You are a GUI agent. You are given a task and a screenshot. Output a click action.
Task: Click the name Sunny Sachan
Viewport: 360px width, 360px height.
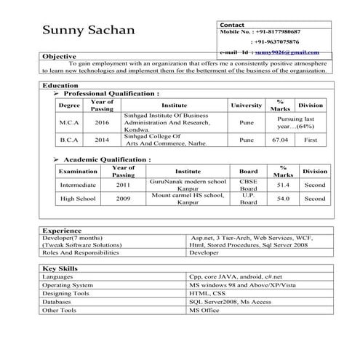[88, 31]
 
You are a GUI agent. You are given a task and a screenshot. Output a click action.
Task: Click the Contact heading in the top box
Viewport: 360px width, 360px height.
[231, 24]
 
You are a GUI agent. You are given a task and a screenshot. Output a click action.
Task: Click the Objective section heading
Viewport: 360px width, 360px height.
[59, 56]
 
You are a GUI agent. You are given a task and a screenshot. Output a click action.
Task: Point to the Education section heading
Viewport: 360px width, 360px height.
[62, 86]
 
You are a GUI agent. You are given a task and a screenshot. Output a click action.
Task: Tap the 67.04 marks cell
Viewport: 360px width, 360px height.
[280, 140]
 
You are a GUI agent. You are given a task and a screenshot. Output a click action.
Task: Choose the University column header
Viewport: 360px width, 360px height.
[247, 105]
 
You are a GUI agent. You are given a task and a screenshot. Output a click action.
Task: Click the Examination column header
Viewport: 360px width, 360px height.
[78, 171]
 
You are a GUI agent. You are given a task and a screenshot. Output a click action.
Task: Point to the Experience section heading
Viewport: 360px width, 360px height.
[62, 230]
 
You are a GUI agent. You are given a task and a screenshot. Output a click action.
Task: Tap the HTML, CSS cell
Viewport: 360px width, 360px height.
[207, 294]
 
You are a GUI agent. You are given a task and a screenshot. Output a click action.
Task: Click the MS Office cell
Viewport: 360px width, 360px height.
[204, 311]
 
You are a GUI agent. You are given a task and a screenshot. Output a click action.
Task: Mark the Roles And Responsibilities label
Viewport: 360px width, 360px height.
[80, 253]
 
